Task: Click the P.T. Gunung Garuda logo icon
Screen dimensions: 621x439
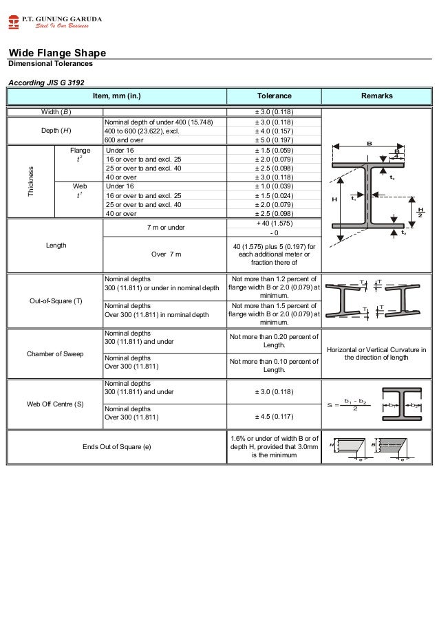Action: click(x=14, y=21)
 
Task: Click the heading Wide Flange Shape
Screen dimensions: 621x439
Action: click(x=56, y=54)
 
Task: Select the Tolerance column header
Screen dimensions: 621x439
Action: click(x=274, y=96)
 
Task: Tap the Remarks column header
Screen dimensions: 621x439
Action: click(x=376, y=96)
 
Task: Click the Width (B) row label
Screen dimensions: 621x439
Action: click(x=55, y=112)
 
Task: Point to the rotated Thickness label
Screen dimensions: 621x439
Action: click(x=30, y=182)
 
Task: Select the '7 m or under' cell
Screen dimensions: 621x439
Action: click(x=165, y=227)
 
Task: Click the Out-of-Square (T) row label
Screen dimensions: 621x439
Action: click(x=54, y=301)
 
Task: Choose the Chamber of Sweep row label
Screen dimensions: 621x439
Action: click(x=55, y=353)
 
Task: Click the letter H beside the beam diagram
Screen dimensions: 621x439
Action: click(x=335, y=199)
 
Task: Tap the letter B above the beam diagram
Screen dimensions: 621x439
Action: click(x=369, y=144)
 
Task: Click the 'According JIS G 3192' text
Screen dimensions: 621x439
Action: click(x=45, y=82)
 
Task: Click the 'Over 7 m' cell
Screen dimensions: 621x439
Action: click(x=165, y=254)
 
